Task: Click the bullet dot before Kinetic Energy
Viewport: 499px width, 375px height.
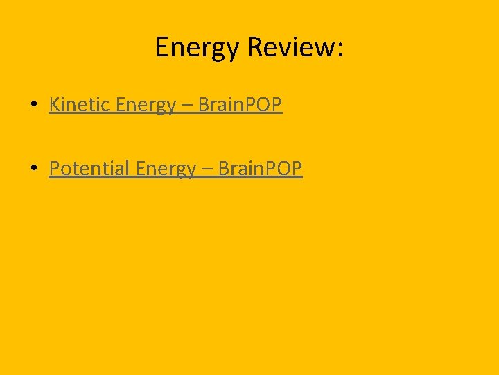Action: (33, 106)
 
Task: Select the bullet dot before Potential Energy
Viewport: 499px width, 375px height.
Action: (33, 169)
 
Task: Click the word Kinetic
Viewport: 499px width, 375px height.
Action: (80, 105)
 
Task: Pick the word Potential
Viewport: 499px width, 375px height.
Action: (89, 168)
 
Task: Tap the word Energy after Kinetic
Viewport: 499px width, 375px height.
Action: (146, 106)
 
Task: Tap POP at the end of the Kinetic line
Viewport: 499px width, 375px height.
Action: (263, 105)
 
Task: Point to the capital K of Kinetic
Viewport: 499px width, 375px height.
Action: (55, 105)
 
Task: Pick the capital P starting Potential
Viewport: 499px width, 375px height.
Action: (55, 168)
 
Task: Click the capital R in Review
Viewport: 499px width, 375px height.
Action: (255, 47)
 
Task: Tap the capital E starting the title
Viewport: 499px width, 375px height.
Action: (162, 47)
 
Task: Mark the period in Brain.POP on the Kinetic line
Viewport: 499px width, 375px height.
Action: (242, 110)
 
